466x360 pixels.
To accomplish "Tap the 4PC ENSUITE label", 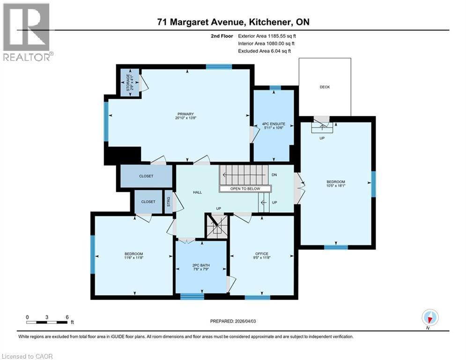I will tap(274, 124).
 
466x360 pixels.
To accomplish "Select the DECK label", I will tap(325, 87).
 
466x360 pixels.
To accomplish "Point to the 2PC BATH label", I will tap(200, 265).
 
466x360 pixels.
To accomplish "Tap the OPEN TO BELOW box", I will tap(245, 188).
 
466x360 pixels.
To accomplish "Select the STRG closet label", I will tap(169, 202).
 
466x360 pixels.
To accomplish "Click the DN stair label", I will tap(275, 175).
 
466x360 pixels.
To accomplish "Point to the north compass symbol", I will tap(429, 318).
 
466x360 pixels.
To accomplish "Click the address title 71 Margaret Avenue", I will tap(233, 22).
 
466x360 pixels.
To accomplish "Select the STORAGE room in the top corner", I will tap(128, 83).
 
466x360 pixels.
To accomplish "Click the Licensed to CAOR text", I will tap(28, 356).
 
